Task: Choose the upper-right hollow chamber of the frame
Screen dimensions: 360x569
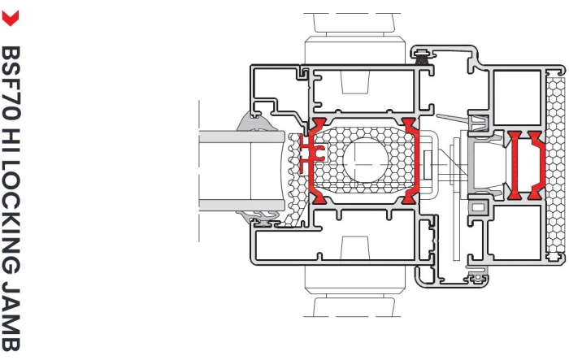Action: coord(517,98)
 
